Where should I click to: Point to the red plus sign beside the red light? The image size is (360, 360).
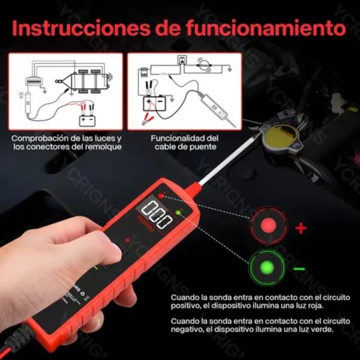tap(301, 228)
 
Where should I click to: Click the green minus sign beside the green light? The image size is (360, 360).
tap(299, 268)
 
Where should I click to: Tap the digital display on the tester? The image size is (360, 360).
tap(155, 214)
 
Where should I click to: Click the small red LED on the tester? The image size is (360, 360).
tap(161, 196)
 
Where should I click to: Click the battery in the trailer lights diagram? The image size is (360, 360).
tap(88, 118)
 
